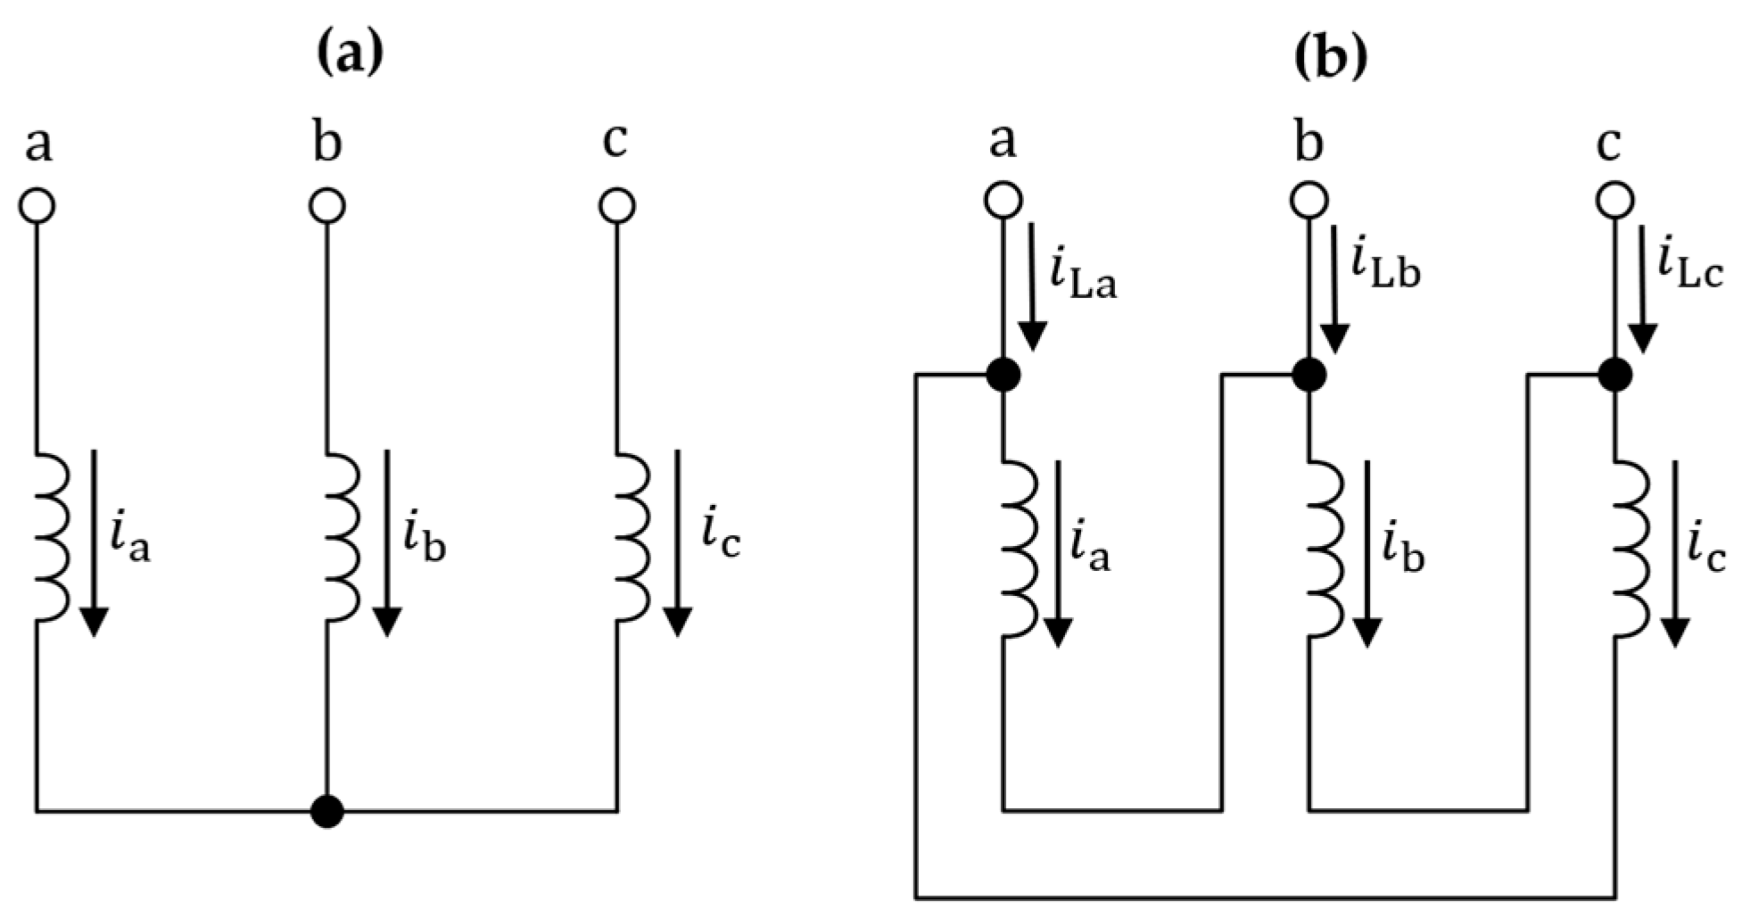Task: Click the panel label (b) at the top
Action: click(1329, 58)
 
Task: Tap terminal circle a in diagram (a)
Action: click(37, 206)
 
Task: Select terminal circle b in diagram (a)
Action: click(327, 206)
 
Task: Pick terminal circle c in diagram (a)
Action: click(616, 206)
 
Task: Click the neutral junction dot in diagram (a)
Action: click(327, 811)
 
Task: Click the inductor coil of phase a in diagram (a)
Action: click(52, 536)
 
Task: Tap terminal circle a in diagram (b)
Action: click(1003, 200)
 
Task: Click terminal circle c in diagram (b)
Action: click(1614, 200)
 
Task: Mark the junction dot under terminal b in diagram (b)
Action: click(1309, 376)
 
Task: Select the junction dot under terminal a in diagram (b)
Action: click(1003, 376)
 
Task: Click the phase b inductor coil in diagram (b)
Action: click(1325, 548)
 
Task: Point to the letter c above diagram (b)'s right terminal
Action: click(1608, 143)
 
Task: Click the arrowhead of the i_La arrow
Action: click(1033, 337)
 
